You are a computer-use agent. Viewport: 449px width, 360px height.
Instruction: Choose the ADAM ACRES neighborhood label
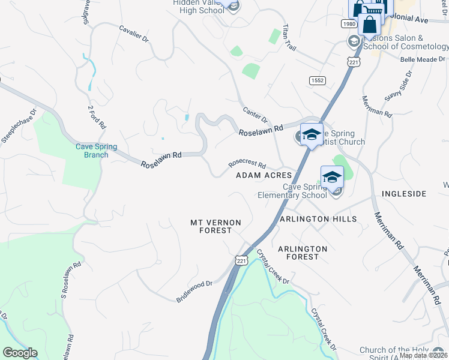point(264,175)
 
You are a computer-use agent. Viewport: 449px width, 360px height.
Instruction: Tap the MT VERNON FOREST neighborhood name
point(215,226)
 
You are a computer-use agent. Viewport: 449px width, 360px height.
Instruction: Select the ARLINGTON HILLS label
point(318,219)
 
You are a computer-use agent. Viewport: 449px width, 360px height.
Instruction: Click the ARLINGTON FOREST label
point(303,253)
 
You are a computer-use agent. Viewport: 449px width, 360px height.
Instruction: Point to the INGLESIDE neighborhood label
point(404,194)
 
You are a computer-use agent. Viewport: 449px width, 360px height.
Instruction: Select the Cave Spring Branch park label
point(96,151)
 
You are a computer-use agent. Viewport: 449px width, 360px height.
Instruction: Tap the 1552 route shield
point(317,80)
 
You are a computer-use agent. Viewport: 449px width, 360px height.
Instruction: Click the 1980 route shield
point(349,23)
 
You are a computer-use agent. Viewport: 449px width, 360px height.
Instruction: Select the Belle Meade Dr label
point(423,59)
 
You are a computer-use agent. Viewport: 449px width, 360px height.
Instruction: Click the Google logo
point(20,353)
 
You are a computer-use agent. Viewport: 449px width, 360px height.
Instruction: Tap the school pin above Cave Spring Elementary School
point(332,177)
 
